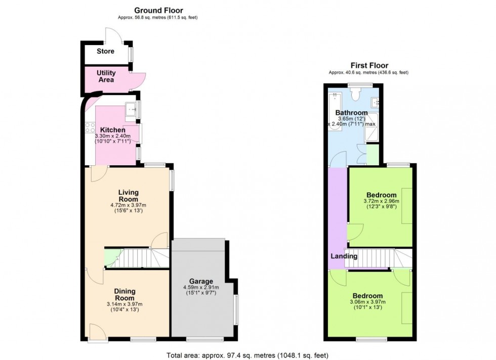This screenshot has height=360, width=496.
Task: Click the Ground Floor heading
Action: pos(158,10)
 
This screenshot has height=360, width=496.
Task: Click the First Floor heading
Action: pos(369,65)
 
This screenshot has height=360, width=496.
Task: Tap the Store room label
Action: pos(105,51)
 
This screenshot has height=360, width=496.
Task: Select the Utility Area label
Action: pos(106,76)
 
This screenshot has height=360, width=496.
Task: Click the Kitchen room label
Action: pos(112,130)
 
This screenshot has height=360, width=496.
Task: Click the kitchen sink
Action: pos(131,109)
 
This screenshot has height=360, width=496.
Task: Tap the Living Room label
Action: pos(129,196)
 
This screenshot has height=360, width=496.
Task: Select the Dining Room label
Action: pos(125,295)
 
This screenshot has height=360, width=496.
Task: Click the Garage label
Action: pos(201,281)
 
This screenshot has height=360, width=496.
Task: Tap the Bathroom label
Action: pos(351,113)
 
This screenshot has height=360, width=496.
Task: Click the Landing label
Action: pos(344,256)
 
